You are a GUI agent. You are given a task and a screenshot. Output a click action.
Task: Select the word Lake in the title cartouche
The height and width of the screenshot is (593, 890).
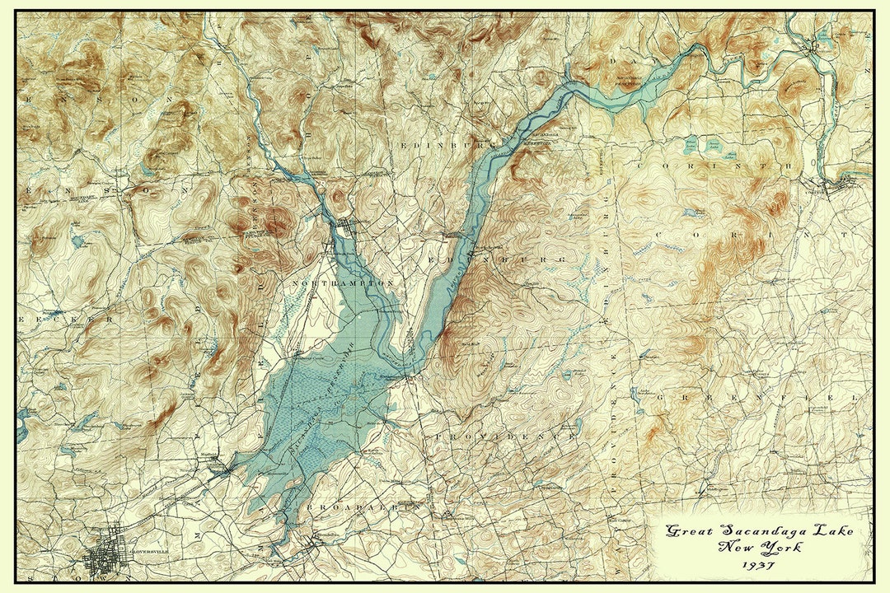click(x=832, y=531)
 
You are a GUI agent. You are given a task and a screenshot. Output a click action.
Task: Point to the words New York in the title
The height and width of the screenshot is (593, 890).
click(x=752, y=548)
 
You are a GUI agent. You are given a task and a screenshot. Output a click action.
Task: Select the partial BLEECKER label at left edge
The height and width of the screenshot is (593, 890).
click(x=62, y=316)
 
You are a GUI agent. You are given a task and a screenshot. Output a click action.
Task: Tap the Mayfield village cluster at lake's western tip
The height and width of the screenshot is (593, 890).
click(x=216, y=468)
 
